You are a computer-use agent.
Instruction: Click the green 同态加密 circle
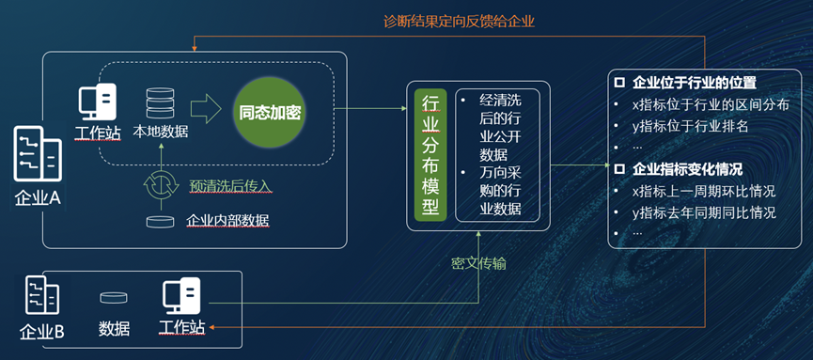pos(269,112)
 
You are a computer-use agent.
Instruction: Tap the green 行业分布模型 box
pos(430,155)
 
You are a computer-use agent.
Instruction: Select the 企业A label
pos(38,198)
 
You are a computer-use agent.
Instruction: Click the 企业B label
pos(42,332)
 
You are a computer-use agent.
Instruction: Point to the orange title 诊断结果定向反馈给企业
pos(459,22)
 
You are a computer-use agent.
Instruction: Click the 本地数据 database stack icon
pos(160,103)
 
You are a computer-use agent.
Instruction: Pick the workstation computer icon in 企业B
pos(181,297)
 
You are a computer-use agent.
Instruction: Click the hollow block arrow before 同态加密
pos(206,109)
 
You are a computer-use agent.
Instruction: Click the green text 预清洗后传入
pos(230,185)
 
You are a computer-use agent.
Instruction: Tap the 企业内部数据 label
pos(227,221)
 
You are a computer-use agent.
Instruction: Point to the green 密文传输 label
pos(478,263)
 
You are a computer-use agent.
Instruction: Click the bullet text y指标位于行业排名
pos(690,126)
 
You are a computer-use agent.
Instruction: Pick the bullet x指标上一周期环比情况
pos(704,191)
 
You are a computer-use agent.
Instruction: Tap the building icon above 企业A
pos(38,153)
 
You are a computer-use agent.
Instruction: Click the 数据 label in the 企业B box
pos(114,328)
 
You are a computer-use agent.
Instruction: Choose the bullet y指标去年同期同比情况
pos(704,212)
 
